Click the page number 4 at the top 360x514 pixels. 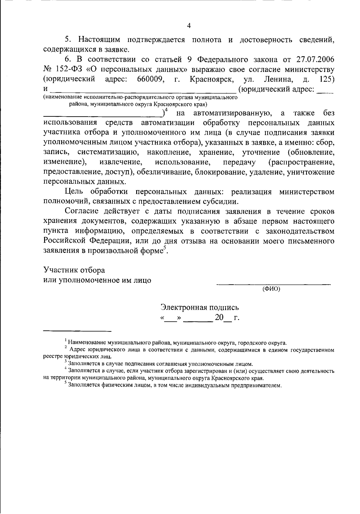tap(189, 26)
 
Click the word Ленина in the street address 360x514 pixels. tap(279, 79)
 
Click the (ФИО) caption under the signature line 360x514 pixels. tap(271, 289)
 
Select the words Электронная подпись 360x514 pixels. tap(200, 308)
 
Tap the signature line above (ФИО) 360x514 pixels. tap(274, 284)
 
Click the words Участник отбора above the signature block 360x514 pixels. tap(74, 270)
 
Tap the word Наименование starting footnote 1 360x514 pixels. tap(87, 342)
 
